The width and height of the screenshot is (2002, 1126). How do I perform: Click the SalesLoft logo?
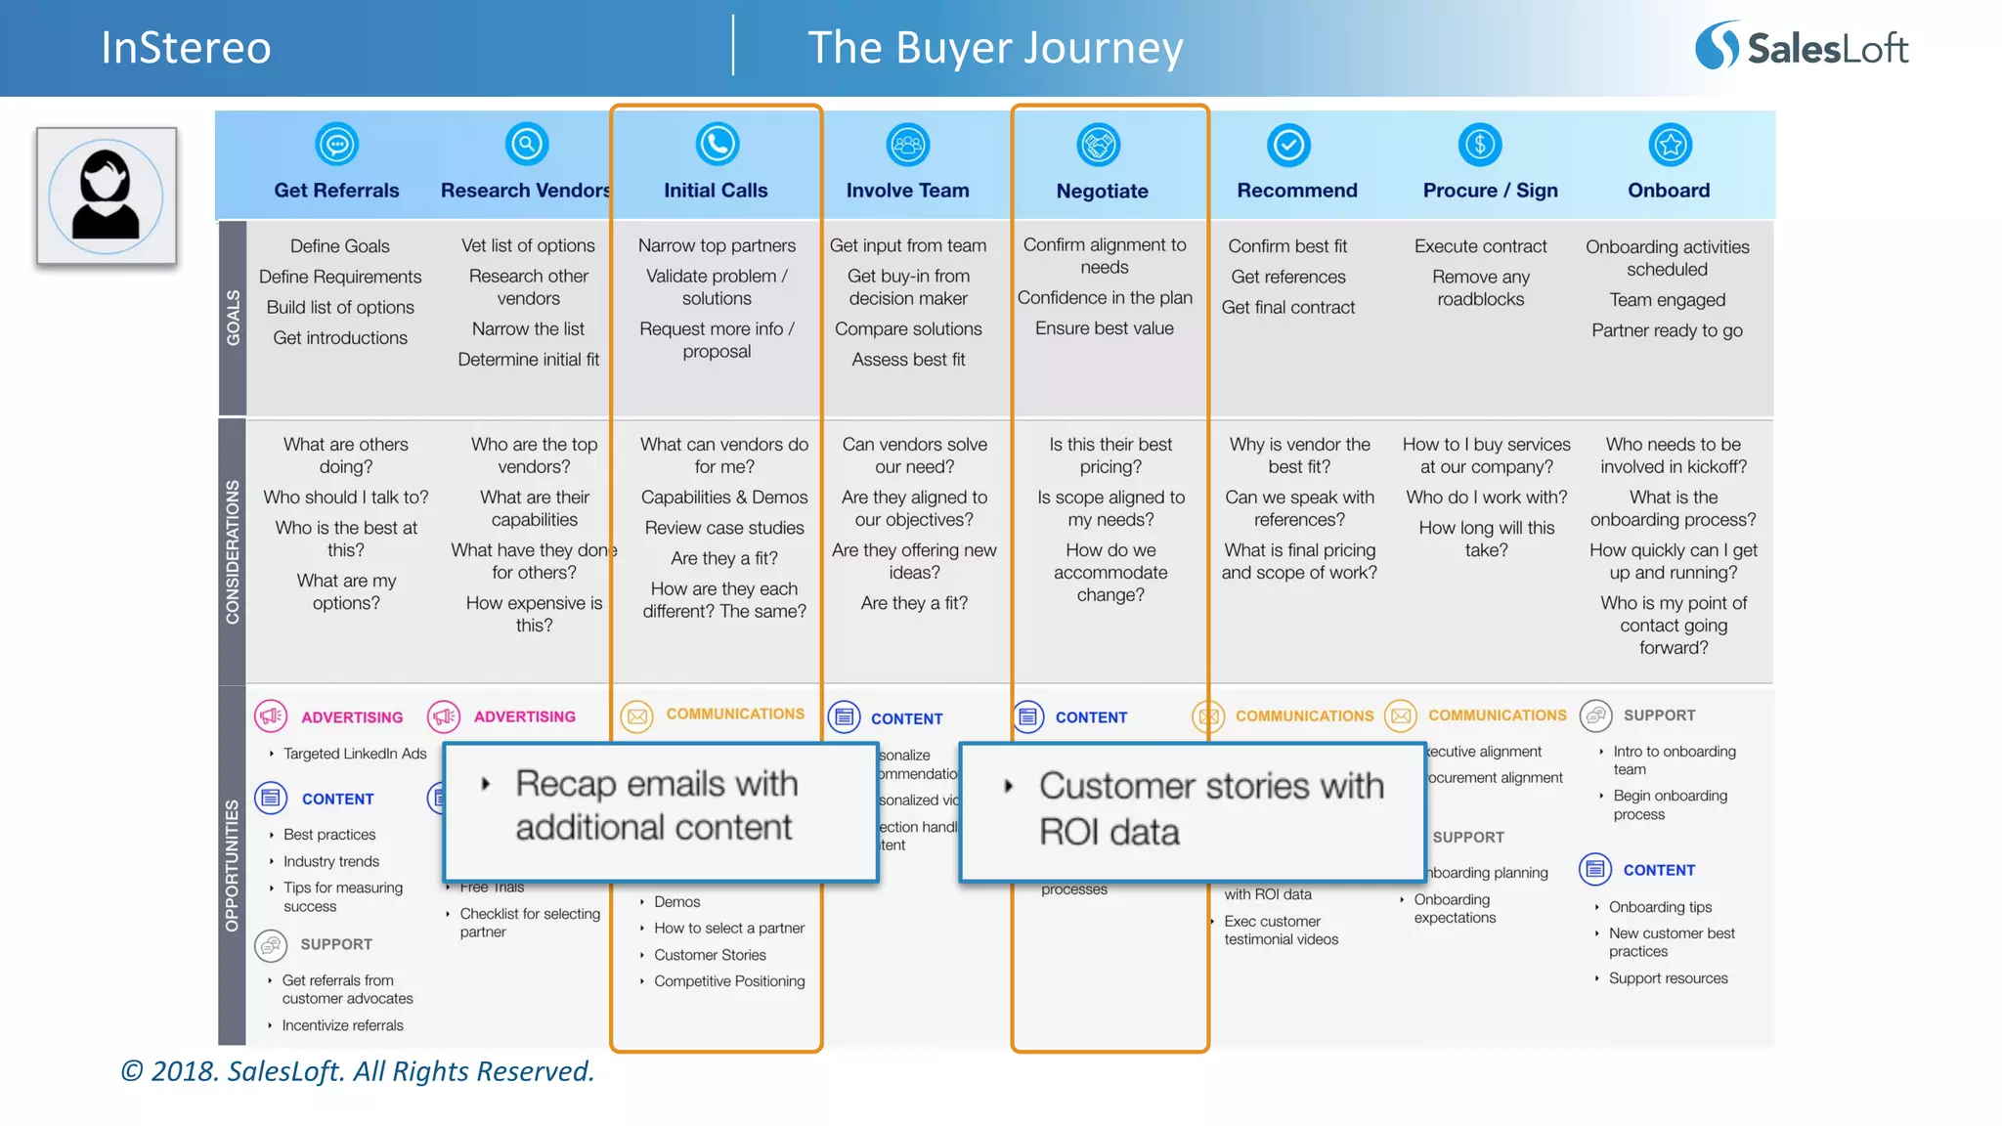point(1802,47)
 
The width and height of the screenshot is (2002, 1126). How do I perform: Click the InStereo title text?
point(186,48)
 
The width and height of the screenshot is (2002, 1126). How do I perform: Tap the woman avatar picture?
point(107,195)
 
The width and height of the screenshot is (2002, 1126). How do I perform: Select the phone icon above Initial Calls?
point(717,145)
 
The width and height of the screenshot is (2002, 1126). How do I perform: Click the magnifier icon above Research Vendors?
point(526,145)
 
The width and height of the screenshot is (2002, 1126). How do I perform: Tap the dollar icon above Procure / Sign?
point(1479,146)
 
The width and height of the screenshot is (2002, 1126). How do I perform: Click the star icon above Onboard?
point(1670,146)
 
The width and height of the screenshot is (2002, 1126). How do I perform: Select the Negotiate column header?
point(1102,191)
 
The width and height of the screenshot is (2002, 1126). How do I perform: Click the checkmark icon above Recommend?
point(1288,146)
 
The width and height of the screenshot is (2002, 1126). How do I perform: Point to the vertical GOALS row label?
point(233,317)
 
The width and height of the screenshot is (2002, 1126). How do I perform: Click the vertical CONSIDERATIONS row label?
point(233,551)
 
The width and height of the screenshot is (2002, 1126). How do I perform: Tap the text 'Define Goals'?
point(339,246)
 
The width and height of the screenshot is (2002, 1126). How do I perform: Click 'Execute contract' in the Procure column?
point(1480,246)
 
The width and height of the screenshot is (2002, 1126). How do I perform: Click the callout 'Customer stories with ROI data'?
point(1193,809)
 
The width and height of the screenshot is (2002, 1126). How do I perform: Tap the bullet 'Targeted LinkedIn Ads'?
point(355,754)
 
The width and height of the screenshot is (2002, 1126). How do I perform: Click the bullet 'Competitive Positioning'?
point(729,981)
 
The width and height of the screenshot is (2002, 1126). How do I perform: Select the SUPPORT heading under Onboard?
point(1659,715)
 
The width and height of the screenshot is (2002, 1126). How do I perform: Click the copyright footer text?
point(358,1071)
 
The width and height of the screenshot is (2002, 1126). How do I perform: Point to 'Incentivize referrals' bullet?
point(342,1025)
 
